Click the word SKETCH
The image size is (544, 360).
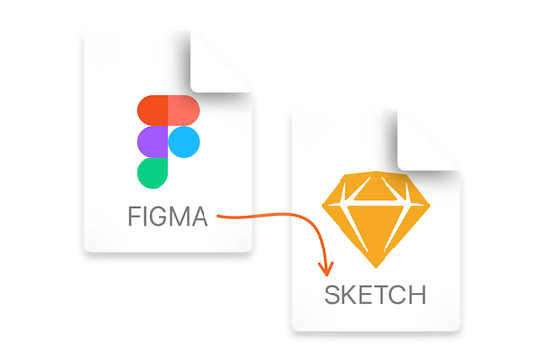click(376, 294)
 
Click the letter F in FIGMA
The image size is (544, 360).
click(132, 217)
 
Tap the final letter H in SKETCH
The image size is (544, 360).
click(418, 294)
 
